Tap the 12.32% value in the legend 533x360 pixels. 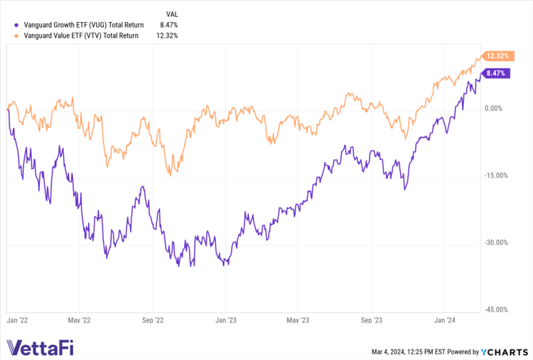click(x=166, y=36)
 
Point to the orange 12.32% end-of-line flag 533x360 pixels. click(x=497, y=55)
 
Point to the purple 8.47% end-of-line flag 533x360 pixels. click(x=497, y=72)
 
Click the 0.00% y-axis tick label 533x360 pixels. click(x=494, y=109)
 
